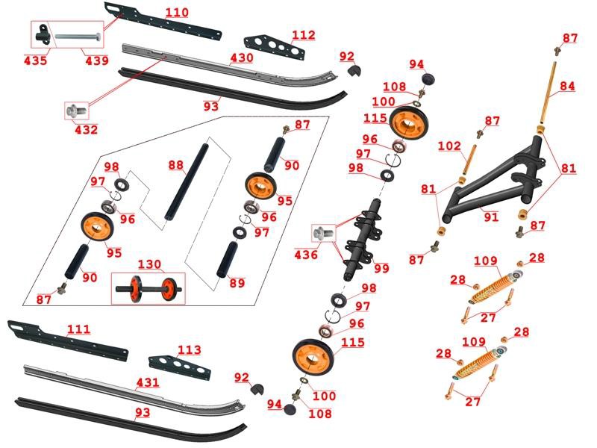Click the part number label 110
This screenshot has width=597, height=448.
coord(177,13)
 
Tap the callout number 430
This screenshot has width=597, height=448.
coord(242,58)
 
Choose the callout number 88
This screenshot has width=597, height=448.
coord(175,165)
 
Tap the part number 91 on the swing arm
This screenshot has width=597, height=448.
coord(490,218)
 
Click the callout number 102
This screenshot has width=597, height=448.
coord(469,147)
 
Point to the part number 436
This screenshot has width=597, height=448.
coord(307,255)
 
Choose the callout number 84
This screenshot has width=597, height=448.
coord(568,87)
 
